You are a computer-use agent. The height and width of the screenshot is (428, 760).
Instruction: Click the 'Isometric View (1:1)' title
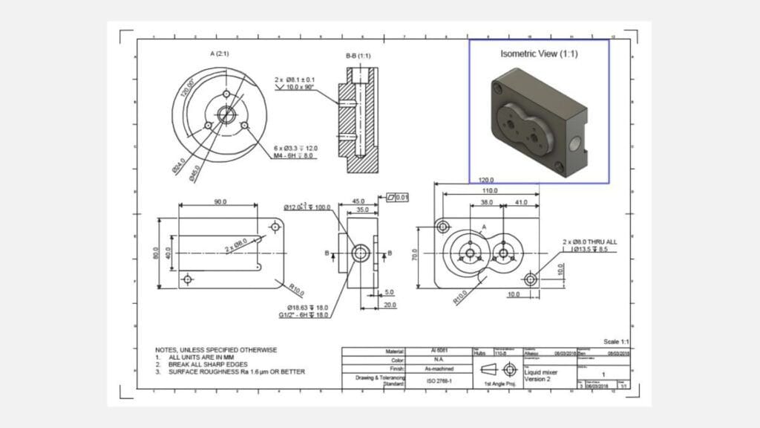pyautogui.click(x=539, y=53)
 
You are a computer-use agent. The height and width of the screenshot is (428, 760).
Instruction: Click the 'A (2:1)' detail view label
pyautogui.click(x=221, y=53)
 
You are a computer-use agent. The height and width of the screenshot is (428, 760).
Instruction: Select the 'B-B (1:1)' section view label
pyautogui.click(x=358, y=56)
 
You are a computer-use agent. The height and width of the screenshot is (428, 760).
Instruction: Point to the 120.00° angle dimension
pyautogui.click(x=185, y=93)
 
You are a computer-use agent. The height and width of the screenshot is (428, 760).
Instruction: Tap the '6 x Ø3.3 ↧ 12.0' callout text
pyautogui.click(x=295, y=149)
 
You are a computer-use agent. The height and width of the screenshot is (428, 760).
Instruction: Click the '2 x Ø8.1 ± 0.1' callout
pyautogui.click(x=294, y=79)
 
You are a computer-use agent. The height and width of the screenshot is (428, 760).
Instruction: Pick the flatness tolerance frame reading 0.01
pyautogui.click(x=398, y=198)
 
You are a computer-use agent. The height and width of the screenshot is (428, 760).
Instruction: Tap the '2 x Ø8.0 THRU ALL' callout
pyautogui.click(x=589, y=242)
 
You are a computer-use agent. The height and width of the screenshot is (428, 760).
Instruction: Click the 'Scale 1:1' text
pyautogui.click(x=617, y=340)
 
